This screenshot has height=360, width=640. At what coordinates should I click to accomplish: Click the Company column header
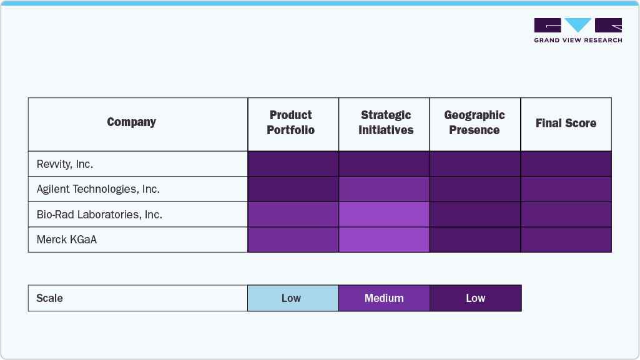click(x=131, y=122)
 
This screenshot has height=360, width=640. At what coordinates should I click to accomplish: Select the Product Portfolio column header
click(x=291, y=123)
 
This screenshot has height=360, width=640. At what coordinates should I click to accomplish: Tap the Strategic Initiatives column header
click(x=385, y=123)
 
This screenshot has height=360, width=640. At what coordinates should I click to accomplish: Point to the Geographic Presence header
click(x=475, y=123)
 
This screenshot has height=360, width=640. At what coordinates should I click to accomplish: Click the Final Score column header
click(x=566, y=124)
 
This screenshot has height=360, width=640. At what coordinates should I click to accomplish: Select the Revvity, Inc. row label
click(x=65, y=164)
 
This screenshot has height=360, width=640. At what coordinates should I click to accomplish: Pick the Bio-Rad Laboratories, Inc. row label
click(x=99, y=215)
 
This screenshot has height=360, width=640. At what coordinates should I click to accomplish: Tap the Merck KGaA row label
click(x=67, y=240)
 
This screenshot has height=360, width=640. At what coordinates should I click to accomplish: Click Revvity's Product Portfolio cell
click(x=293, y=164)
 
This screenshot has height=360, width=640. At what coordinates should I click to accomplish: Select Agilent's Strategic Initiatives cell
click(x=384, y=189)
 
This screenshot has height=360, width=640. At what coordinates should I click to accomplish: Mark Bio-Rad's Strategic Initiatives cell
click(x=384, y=215)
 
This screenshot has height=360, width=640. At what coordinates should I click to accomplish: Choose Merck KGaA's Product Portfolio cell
click(x=293, y=240)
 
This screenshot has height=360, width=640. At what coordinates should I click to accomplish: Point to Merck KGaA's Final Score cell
click(x=566, y=240)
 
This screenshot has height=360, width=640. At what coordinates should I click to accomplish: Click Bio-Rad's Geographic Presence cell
click(x=475, y=215)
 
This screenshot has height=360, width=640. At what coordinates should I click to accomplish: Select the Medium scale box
click(x=384, y=298)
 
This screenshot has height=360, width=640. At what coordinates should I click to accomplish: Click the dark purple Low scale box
click(x=475, y=298)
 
